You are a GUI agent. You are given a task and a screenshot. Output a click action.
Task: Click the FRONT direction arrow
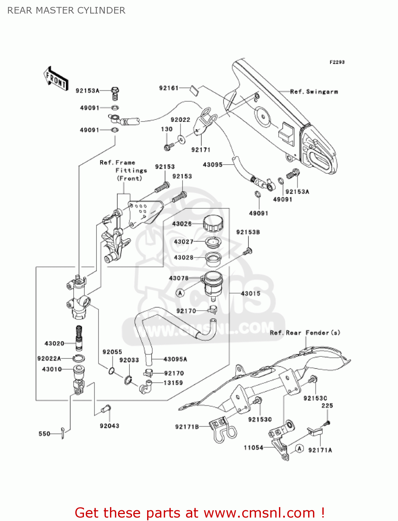56,79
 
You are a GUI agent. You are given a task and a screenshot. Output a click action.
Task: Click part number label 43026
182,224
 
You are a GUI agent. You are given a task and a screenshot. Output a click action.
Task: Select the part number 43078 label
179,278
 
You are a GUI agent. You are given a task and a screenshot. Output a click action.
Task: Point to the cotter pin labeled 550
62,433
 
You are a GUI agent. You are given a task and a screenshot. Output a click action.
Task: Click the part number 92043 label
109,426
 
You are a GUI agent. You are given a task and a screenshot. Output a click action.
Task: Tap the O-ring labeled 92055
111,371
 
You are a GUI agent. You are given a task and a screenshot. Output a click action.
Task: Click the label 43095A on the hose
175,359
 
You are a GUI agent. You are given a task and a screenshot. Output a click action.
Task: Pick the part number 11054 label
253,448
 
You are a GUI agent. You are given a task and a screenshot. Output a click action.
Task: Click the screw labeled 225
327,423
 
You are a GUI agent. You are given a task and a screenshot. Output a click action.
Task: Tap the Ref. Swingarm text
314,92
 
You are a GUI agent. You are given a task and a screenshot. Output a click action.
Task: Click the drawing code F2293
337,62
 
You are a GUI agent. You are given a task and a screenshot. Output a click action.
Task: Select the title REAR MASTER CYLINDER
66,10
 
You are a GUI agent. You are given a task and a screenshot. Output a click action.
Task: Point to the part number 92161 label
169,88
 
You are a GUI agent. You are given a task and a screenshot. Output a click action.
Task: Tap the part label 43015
251,293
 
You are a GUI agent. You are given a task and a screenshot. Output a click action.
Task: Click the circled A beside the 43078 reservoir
180,293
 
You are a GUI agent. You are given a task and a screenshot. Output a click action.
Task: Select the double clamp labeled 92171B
222,431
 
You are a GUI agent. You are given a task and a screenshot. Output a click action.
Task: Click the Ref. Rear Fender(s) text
305,333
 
